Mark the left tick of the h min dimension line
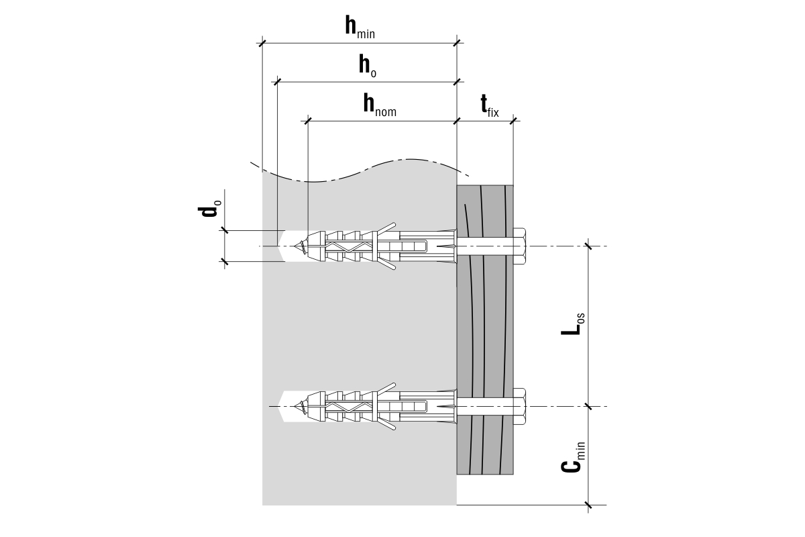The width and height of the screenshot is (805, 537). pyautogui.click(x=262, y=44)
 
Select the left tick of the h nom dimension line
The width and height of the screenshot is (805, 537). pyautogui.click(x=308, y=121)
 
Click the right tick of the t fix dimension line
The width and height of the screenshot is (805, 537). pyautogui.click(x=513, y=121)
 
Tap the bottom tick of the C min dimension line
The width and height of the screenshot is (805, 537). pyautogui.click(x=588, y=504)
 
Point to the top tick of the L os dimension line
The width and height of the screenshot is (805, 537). pyautogui.click(x=588, y=247)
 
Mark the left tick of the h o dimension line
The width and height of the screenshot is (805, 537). pyautogui.click(x=276, y=82)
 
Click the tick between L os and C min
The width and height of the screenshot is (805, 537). pyautogui.click(x=588, y=406)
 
